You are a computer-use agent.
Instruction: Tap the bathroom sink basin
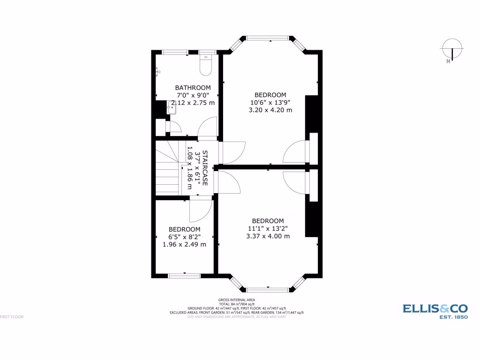[x=171, y=108]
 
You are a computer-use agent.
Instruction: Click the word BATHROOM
[x=193, y=88]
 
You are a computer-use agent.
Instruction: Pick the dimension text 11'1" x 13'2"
[x=268, y=229]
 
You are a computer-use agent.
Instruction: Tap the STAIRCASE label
[x=204, y=168]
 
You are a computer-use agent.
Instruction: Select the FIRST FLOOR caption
[x=12, y=317]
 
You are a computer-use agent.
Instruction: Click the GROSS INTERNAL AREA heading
[x=237, y=300]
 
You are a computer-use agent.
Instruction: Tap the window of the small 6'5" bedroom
[x=184, y=276]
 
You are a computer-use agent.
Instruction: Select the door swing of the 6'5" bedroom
[x=199, y=211]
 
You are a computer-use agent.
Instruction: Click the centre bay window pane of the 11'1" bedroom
[x=268, y=289]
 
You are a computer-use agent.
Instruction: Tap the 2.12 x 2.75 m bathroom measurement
[x=193, y=103]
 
